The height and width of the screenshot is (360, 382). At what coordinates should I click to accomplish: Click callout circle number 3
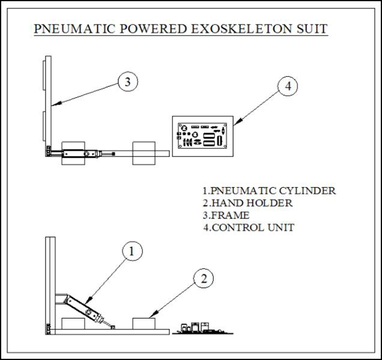pyautogui.click(x=128, y=82)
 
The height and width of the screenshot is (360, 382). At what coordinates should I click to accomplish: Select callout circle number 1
pyautogui.click(x=133, y=252)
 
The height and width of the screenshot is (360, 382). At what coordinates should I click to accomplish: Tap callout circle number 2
pyautogui.click(x=204, y=278)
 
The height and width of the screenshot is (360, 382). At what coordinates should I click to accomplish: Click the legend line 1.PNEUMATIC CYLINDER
pyautogui.click(x=268, y=191)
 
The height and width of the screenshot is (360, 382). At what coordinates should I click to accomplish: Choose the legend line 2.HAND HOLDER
pyautogui.click(x=247, y=203)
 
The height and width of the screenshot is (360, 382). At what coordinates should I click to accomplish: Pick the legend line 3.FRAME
pyautogui.click(x=226, y=215)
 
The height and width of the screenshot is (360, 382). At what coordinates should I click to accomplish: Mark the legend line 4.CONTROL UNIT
pyautogui.click(x=248, y=228)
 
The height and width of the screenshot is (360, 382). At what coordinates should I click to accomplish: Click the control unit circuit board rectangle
pyautogui.click(x=202, y=136)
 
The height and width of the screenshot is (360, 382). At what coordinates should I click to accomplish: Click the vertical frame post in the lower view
pyautogui.click(x=47, y=282)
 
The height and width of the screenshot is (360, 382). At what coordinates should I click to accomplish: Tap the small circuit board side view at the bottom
pyautogui.click(x=201, y=329)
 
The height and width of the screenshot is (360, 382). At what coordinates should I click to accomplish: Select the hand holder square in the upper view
pyautogui.click(x=144, y=154)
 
